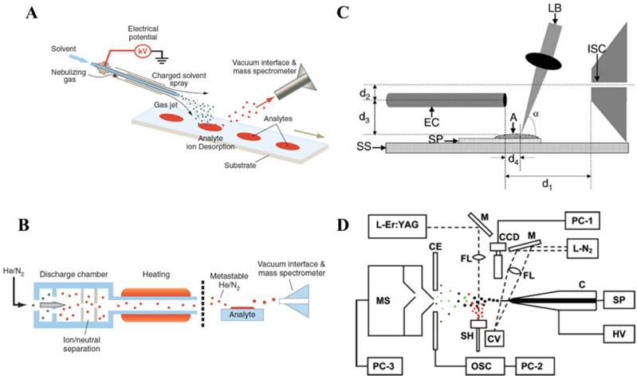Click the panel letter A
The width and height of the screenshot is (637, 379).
tap(30, 13)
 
